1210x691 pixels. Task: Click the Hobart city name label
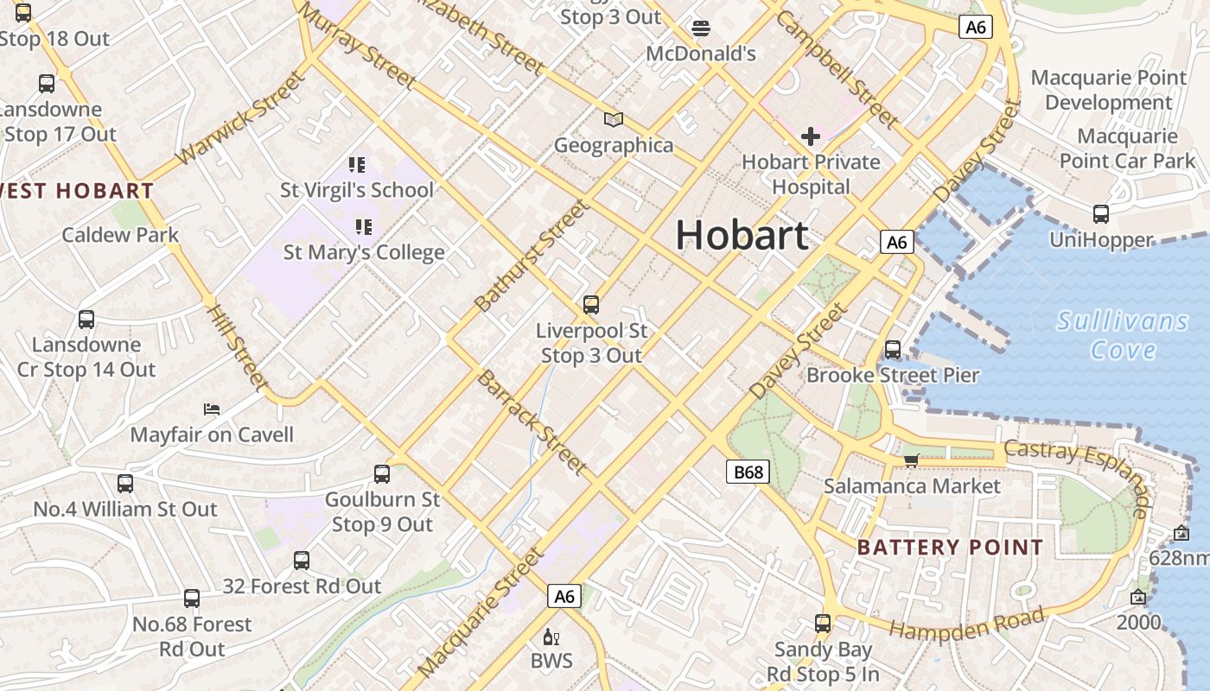pyautogui.click(x=742, y=235)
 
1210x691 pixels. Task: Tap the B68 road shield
pyautogui.click(x=748, y=472)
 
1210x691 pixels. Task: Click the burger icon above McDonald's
pyautogui.click(x=700, y=29)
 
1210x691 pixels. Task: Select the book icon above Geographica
pyautogui.click(x=614, y=119)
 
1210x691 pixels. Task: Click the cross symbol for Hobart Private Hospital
pyautogui.click(x=810, y=136)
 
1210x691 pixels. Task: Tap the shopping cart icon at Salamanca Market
pyautogui.click(x=911, y=460)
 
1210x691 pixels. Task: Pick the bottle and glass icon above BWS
pyautogui.click(x=551, y=637)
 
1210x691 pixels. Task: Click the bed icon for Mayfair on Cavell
pyautogui.click(x=212, y=409)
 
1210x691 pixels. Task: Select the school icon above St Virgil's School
pyautogui.click(x=357, y=164)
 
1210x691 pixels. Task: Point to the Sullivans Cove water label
pyautogui.click(x=1123, y=335)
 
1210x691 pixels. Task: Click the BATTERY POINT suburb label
pyautogui.click(x=950, y=547)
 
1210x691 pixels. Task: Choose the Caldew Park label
pyautogui.click(x=120, y=235)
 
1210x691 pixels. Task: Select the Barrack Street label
pyautogui.click(x=532, y=422)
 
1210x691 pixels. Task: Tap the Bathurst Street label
pyautogui.click(x=532, y=256)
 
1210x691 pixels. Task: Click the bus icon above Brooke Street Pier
pyautogui.click(x=893, y=350)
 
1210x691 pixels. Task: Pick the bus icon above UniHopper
pyautogui.click(x=1100, y=214)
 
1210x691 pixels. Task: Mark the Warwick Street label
pyautogui.click(x=240, y=118)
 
